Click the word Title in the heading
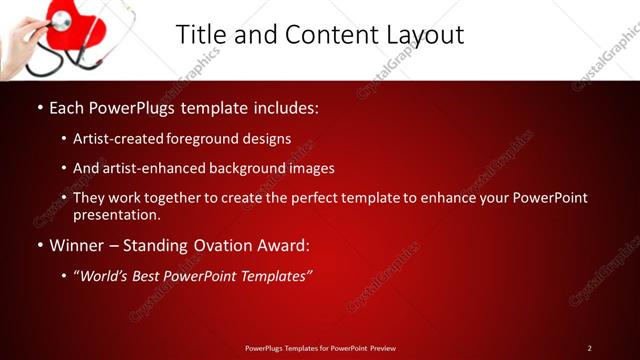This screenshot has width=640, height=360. pos(201,34)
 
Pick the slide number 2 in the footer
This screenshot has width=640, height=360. pos(589,347)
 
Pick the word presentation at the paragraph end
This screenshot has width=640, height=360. pos(116,214)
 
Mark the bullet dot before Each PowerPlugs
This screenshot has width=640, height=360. pos(39,106)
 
